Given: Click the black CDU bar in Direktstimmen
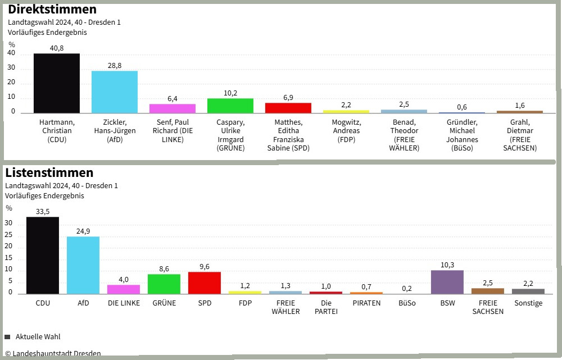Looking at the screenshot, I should coord(57,83).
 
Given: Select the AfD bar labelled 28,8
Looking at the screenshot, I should coord(115,92).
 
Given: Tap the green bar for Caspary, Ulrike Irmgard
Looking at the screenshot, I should coord(230,106).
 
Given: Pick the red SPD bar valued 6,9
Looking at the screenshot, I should coord(288,108).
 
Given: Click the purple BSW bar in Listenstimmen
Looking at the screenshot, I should coord(447,282).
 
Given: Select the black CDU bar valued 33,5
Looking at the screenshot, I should coord(43,255).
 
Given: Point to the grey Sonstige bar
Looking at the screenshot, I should coord(528,291).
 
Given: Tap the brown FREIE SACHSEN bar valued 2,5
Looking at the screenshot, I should coord(488,290).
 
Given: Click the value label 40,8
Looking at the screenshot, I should coord(57,48).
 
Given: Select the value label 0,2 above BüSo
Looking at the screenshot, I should coord(407,289).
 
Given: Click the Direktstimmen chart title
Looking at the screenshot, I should coord(52,10).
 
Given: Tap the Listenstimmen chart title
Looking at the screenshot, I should coord(49,172).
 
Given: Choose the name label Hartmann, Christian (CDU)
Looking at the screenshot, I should coord(57,131).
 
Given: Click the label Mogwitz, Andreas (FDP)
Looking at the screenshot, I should coord(346,131).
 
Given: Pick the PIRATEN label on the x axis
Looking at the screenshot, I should coord(366,303).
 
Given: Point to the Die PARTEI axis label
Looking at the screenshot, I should coord(326,307).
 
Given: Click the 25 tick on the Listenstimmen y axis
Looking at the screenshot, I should coord(9,236).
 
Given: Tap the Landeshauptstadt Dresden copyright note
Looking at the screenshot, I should coord(53,354).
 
